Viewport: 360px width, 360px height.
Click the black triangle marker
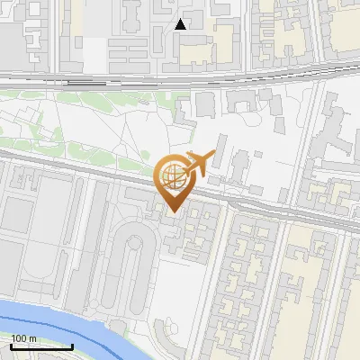tap(181, 24)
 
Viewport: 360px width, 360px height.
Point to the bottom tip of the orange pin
tap(172, 211)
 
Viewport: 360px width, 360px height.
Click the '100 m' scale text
tap(23, 338)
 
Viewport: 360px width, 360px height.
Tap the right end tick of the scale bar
tap(72, 345)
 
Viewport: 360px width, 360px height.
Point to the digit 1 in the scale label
tap(13, 338)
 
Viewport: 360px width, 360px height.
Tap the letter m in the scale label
tap(33, 338)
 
